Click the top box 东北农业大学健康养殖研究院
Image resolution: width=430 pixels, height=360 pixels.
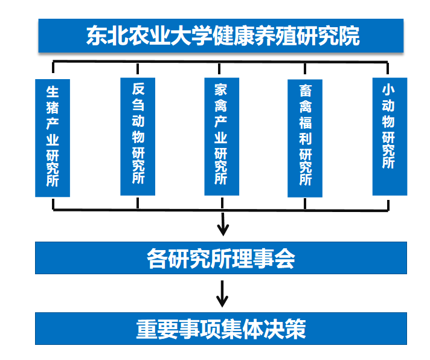[222, 36]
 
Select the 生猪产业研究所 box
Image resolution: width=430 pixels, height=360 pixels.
[53, 137]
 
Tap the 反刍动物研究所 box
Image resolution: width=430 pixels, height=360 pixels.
[138, 135]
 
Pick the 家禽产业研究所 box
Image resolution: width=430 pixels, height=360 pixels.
[222, 135]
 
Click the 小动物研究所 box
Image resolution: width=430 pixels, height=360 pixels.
[389, 135]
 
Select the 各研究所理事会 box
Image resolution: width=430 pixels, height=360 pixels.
[221, 259]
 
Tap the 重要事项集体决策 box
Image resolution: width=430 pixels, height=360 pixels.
[221, 329]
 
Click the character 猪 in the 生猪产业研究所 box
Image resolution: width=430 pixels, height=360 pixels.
[53, 109]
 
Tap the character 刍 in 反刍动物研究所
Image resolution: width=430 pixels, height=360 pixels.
[138, 103]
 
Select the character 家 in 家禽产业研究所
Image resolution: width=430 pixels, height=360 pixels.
[222, 90]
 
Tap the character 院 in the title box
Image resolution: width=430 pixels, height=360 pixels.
[348, 36]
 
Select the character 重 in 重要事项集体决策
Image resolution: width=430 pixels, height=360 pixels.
[147, 329]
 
